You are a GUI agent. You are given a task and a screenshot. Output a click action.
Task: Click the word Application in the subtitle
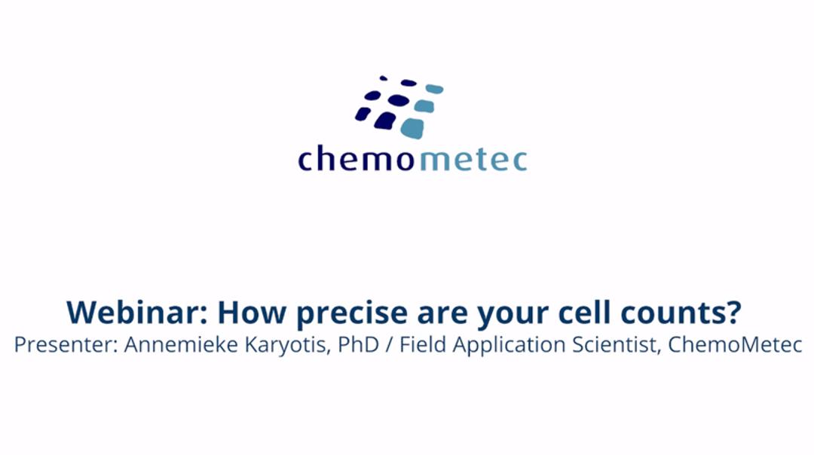[499, 345]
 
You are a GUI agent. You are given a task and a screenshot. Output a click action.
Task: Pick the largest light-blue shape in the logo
[412, 128]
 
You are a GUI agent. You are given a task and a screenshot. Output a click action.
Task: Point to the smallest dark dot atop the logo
[384, 78]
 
